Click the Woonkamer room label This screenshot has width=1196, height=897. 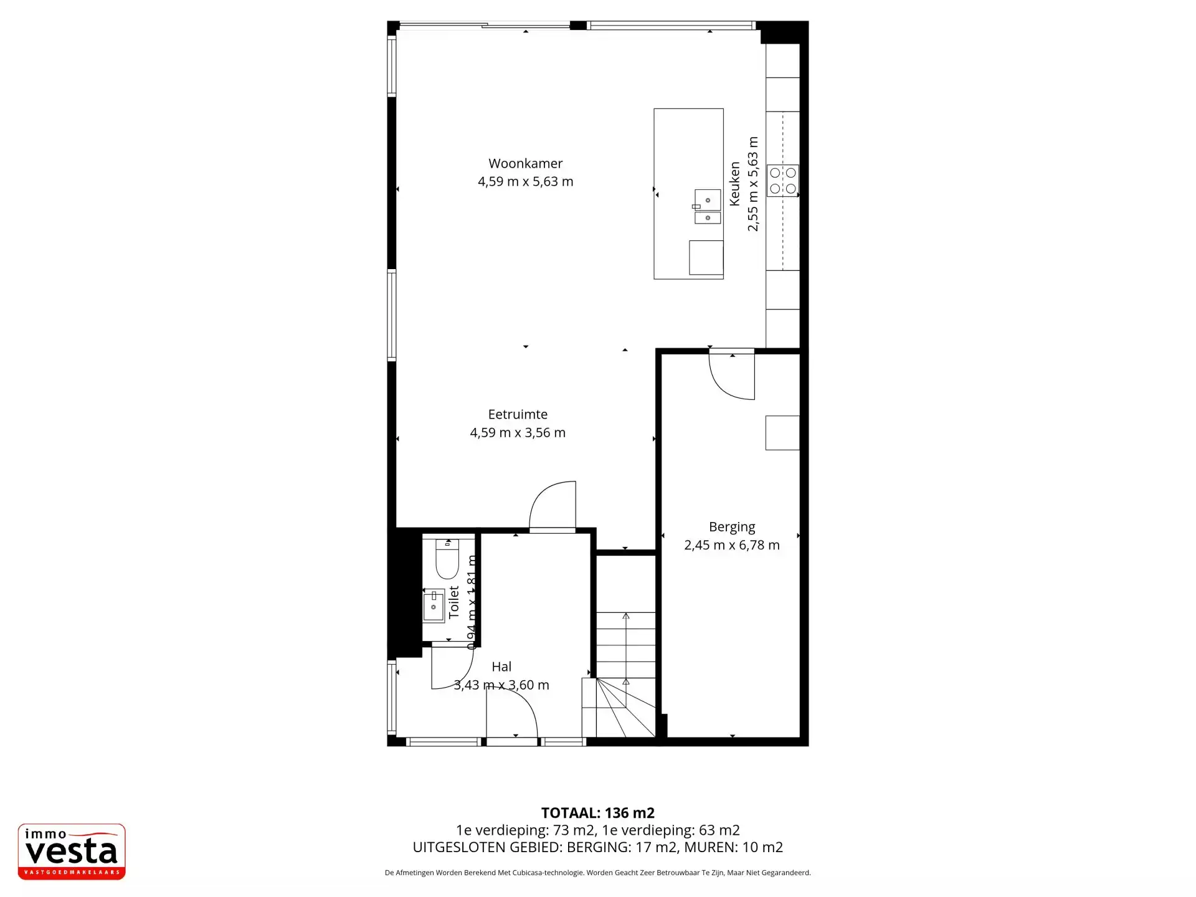[x=525, y=163]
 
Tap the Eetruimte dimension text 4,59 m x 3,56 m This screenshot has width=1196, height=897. [x=518, y=432]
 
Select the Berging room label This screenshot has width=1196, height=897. [x=732, y=527]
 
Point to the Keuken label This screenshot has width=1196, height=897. [x=735, y=184]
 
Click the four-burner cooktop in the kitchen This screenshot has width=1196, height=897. [x=782, y=181]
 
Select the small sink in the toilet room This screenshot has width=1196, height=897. [x=434, y=605]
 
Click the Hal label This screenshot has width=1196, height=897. [x=501, y=667]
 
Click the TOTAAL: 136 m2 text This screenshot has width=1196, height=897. [x=597, y=813]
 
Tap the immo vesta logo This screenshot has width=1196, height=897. [x=72, y=852]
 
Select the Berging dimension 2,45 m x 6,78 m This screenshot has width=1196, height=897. [x=732, y=545]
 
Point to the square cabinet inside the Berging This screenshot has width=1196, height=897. [x=782, y=432]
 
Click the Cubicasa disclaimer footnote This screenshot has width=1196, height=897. [x=597, y=873]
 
